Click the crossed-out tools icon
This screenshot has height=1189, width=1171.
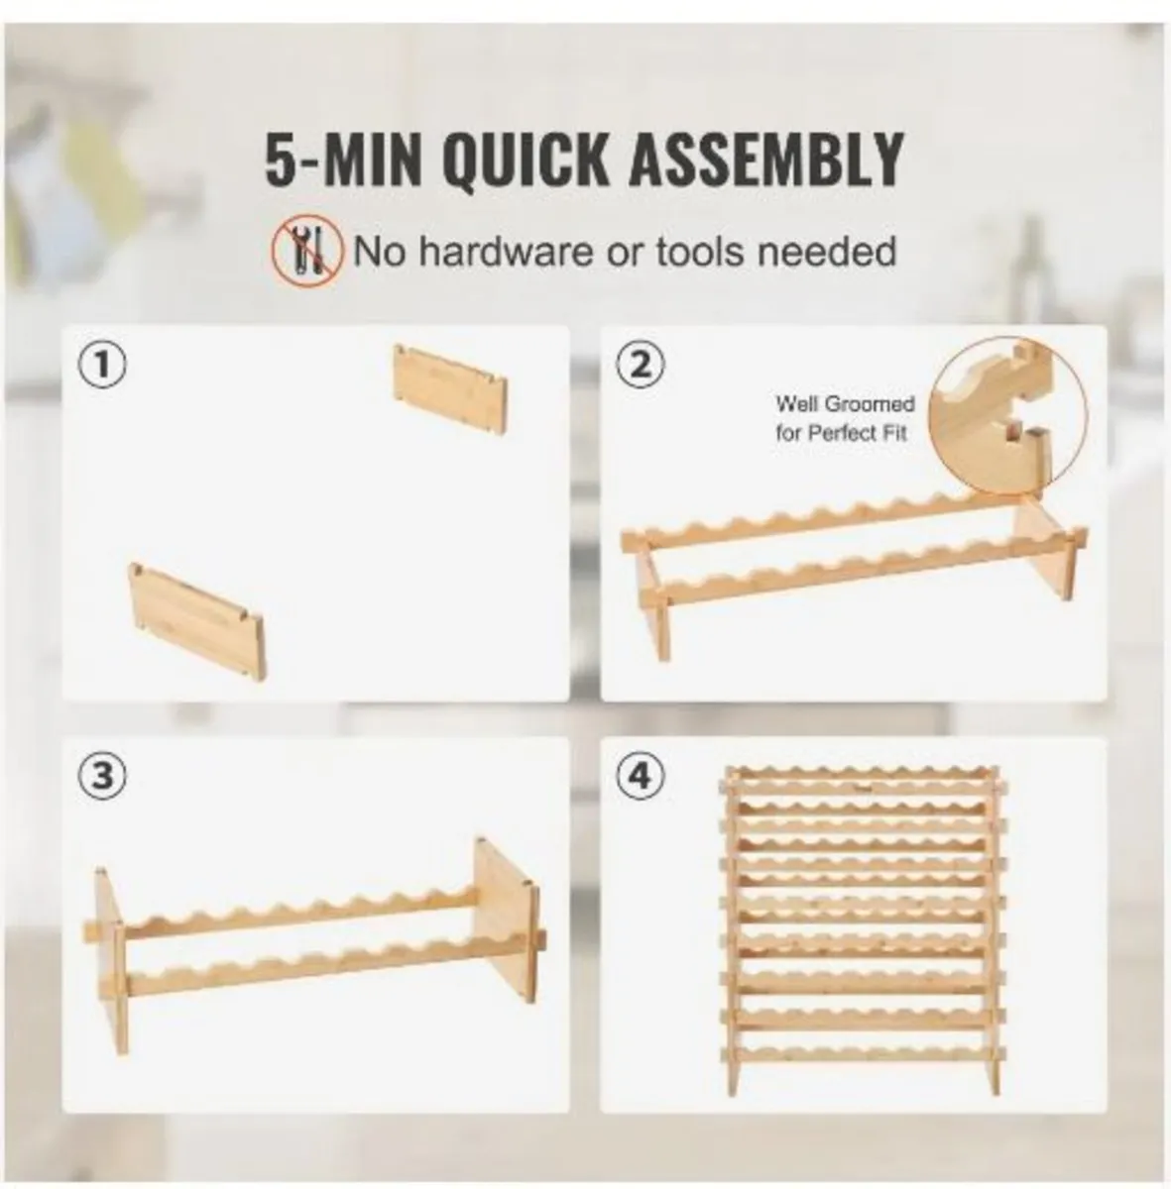tap(307, 252)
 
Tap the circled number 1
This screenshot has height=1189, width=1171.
tap(104, 365)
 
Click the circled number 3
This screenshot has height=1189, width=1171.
tap(104, 777)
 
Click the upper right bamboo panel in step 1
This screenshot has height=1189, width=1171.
tap(452, 388)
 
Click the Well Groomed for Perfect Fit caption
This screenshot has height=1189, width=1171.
tap(844, 418)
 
